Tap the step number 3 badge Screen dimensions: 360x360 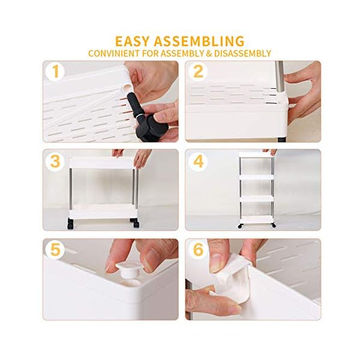tap(56, 162)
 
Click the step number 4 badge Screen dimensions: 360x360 tap(199, 162)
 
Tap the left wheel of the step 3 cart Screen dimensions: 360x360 tap(71, 226)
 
